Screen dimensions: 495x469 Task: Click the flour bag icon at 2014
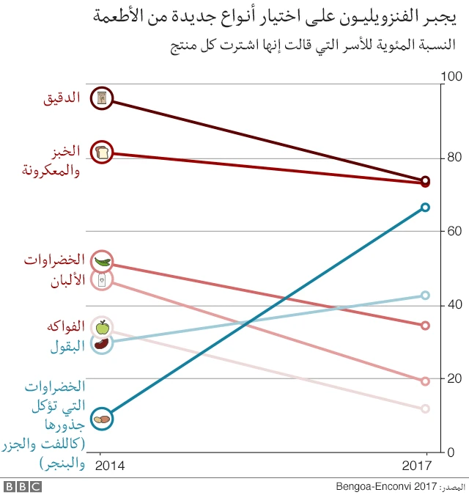[x=102, y=98]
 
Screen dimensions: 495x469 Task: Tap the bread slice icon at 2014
[x=102, y=153]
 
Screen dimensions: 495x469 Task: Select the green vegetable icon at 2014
[x=102, y=261]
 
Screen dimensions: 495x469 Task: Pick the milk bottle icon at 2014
[x=102, y=279]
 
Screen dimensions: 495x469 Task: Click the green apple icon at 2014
[x=102, y=327]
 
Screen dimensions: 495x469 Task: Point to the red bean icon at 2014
[x=102, y=342]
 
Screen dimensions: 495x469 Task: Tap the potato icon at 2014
[x=102, y=419]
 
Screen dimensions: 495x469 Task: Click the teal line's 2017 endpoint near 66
[x=425, y=208]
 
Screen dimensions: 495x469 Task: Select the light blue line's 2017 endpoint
[x=425, y=296]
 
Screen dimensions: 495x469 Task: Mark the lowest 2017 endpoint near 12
[x=425, y=408]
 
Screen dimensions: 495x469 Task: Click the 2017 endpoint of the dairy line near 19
[x=425, y=381]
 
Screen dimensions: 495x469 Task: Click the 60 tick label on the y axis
[x=451, y=231]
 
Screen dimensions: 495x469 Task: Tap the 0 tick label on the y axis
[x=451, y=452]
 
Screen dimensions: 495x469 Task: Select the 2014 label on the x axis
[x=110, y=466]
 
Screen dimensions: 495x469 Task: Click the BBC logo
[x=23, y=486]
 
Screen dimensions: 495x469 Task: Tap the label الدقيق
[x=62, y=98]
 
